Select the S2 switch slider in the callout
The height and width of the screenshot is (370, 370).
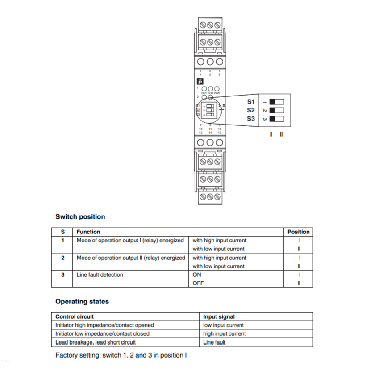276,110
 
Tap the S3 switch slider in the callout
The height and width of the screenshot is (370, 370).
276,119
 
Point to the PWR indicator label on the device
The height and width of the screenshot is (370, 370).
217,93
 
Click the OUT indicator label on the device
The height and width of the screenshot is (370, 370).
204,93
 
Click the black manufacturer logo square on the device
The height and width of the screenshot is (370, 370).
200,81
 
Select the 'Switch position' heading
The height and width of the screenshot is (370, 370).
80,217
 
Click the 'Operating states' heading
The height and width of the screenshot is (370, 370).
82,301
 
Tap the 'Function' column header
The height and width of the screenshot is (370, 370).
88,232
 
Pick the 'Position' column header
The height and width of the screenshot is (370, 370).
298,232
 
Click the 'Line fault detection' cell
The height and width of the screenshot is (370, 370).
100,275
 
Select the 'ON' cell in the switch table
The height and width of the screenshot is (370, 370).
197,275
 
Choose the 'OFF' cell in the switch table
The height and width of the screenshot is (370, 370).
197,283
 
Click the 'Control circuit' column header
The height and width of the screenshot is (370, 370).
75,317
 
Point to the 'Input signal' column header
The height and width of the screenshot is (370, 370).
219,317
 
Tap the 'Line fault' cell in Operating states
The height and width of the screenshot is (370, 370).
214,342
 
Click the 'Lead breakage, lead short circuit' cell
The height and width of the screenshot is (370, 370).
96,342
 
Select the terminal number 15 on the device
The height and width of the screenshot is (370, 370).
220,133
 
